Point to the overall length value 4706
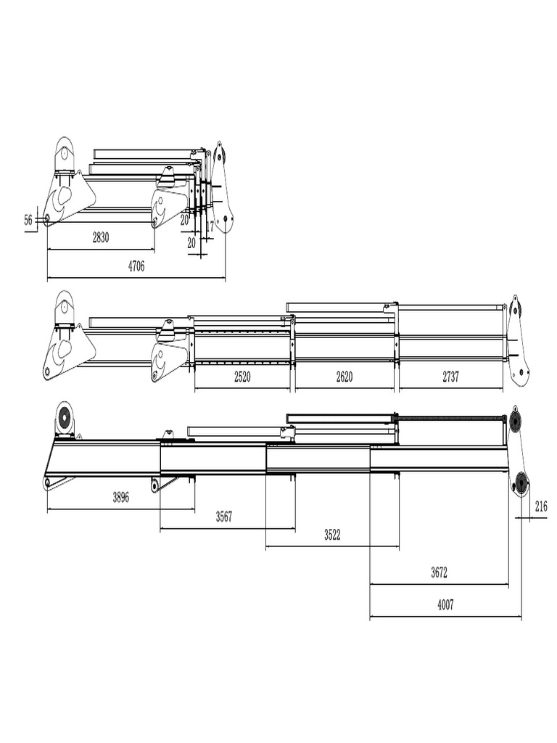pos(136,266)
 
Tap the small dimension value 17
pos(210,226)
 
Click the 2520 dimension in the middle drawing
pos(242,377)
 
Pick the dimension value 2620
pos(345,377)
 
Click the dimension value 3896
pos(123,497)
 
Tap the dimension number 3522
pos(331,535)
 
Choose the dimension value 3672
pos(439,572)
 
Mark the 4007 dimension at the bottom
pos(445,604)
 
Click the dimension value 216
pos(541,507)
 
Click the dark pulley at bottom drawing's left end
pos(65,419)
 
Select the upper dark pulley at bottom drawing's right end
pos(516,422)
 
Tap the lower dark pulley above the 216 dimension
pos(520,482)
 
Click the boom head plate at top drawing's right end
pos(222,189)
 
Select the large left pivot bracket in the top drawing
pos(66,185)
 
